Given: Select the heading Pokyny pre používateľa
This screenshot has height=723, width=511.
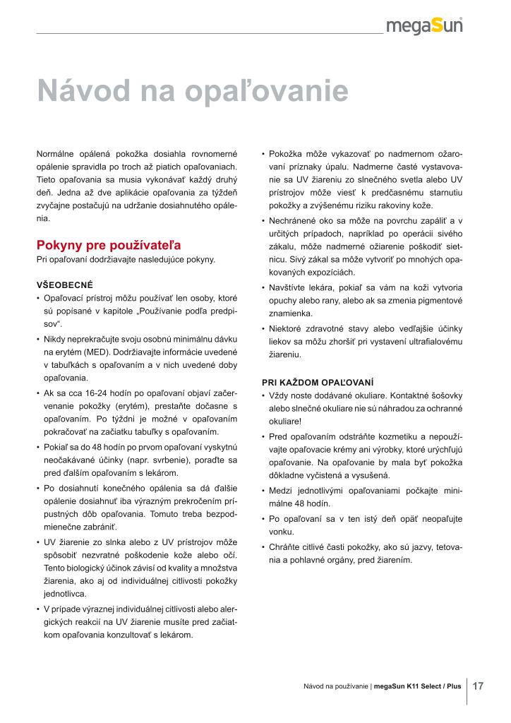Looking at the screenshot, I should [x=109, y=246].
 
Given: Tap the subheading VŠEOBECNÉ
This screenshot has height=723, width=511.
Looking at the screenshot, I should [x=65, y=285].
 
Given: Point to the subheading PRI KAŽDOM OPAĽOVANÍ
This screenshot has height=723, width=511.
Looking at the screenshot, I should [x=318, y=382].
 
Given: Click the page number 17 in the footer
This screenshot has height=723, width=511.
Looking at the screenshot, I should [x=478, y=686].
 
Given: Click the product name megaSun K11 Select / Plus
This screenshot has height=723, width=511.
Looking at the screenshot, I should [x=417, y=686].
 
